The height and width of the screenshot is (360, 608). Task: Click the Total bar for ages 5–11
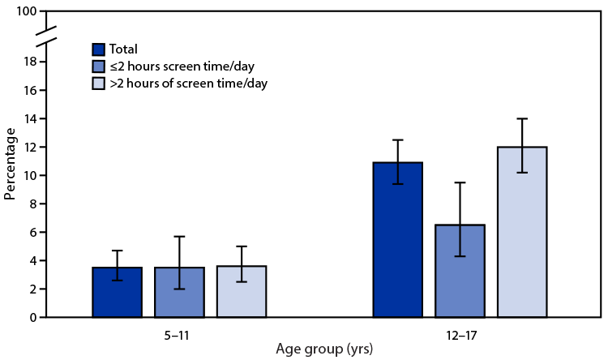click(x=118, y=292)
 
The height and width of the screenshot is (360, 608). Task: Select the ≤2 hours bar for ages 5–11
click(x=179, y=292)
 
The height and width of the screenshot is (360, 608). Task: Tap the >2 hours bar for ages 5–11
click(x=242, y=291)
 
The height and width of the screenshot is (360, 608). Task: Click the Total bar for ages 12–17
click(x=398, y=243)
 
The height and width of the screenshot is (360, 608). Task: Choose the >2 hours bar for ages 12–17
click(x=522, y=235)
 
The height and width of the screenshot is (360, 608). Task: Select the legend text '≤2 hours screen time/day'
click(x=176, y=66)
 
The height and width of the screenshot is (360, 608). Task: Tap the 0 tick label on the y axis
click(x=32, y=317)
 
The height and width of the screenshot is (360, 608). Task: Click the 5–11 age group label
click(x=179, y=332)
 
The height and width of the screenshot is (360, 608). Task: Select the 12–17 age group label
click(x=460, y=332)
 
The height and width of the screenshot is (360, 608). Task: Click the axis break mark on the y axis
click(x=46, y=36)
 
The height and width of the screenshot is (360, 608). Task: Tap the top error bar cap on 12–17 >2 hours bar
click(x=522, y=119)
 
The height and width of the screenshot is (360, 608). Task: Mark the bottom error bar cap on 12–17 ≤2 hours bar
click(x=460, y=256)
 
